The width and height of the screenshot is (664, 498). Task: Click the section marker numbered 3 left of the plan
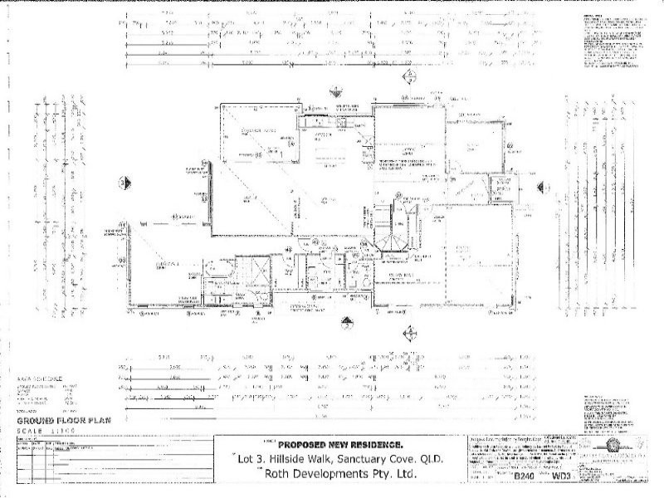(122, 182)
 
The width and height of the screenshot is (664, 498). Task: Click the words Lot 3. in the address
(247, 460)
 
